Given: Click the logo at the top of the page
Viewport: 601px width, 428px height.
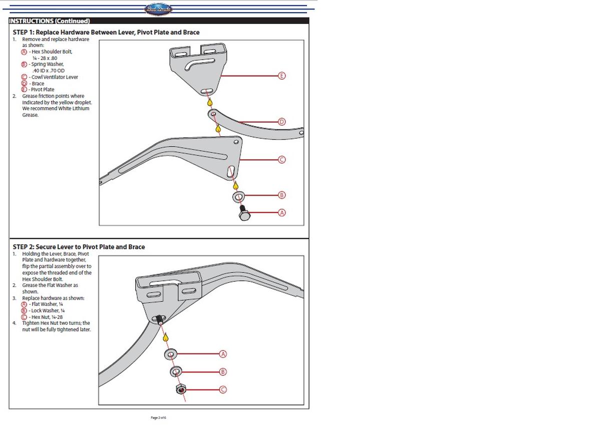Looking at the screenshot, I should click(158, 9).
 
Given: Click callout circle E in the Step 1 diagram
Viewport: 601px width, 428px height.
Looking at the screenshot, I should click(281, 76).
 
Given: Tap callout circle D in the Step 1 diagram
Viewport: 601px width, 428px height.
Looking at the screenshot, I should click(281, 122).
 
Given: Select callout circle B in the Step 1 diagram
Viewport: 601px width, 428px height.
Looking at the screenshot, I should click(281, 195).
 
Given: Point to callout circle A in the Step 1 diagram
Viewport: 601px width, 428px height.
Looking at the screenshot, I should click(281, 213).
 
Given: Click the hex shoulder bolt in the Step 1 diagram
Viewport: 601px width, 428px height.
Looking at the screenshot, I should click(244, 214).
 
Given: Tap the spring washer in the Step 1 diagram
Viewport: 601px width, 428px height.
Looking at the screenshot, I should click(238, 196).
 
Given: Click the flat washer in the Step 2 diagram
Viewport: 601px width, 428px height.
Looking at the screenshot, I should click(171, 354).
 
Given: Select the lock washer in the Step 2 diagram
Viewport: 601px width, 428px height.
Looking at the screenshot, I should click(176, 372).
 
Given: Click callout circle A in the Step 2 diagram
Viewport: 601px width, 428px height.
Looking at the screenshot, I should click(223, 354).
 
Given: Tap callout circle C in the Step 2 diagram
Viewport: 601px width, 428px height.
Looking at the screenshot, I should click(223, 389).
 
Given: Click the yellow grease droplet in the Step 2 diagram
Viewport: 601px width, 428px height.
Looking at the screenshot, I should click(166, 338).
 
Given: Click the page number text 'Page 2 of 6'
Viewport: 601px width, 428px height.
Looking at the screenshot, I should click(158, 417).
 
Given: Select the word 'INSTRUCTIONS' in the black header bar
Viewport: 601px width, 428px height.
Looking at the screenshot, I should click(31, 21).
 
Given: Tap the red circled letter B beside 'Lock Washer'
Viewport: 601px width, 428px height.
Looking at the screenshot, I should click(24, 311).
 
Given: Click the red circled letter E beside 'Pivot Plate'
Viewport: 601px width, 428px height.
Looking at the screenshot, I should click(24, 90).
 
